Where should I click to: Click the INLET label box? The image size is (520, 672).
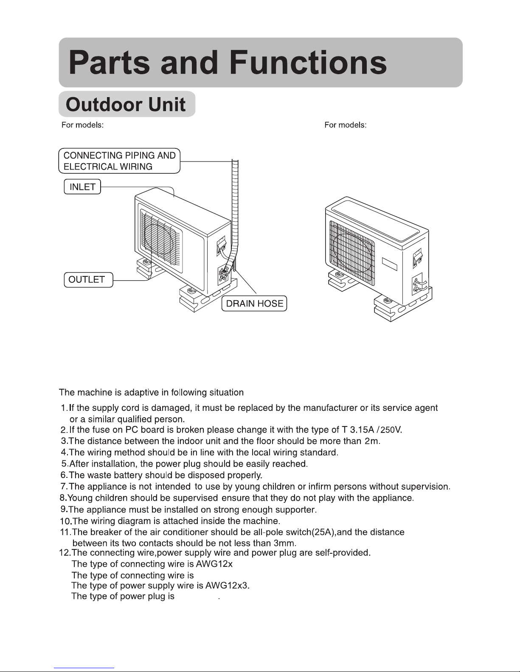coord(82,187)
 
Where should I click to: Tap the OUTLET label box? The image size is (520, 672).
coord(89,279)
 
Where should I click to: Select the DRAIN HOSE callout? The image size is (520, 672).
coord(254,304)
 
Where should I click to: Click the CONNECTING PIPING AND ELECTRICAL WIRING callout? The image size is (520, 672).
coord(119,161)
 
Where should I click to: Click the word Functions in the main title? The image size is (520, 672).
coord(308,62)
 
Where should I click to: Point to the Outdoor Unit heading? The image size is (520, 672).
coord(126,105)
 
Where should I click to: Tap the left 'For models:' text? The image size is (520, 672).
coord(82,125)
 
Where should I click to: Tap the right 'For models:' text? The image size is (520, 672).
coord(346,125)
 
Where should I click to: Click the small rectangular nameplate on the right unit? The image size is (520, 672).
coord(389,264)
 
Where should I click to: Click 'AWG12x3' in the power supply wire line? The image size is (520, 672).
coord(227,586)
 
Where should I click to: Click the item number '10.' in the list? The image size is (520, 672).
coord(66,521)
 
